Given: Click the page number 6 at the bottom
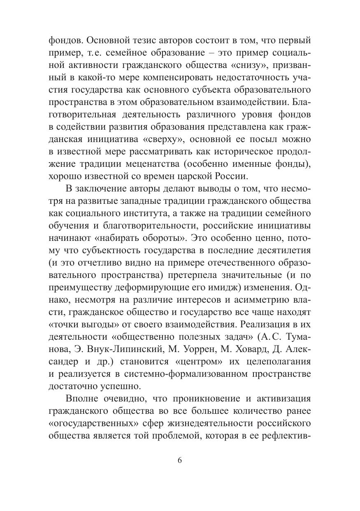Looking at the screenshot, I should (x=180, y=460).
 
